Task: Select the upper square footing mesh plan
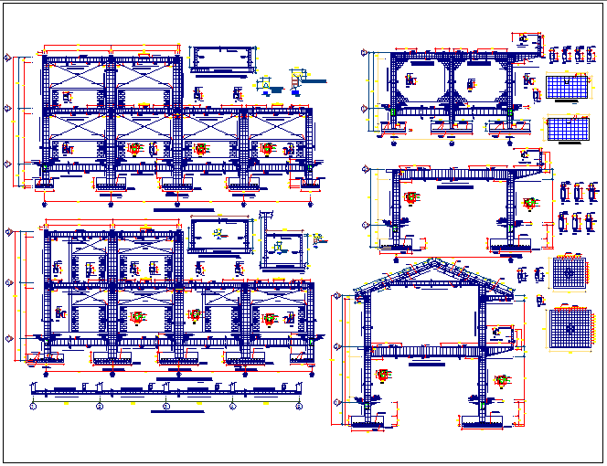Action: (569, 272)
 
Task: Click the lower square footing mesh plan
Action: (570, 326)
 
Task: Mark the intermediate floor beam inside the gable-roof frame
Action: (425, 349)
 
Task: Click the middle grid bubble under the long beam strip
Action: (165, 405)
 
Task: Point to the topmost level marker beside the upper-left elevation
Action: (8, 59)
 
